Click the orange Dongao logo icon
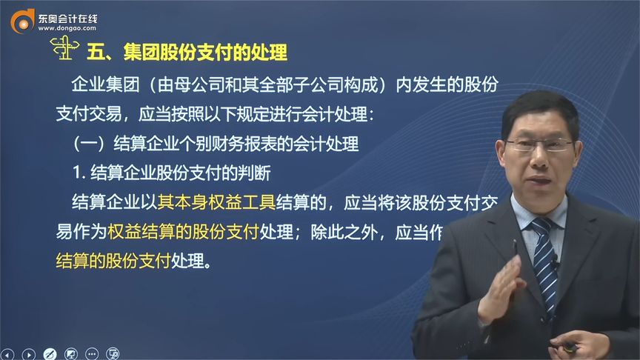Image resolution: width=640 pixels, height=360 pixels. pos(22,20)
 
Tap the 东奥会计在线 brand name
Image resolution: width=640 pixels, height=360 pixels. pos(67,14)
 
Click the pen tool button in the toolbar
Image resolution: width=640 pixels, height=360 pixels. pos(49,353)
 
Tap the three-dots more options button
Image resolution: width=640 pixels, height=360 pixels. pos(92,353)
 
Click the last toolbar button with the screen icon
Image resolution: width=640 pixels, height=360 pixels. pos(113,353)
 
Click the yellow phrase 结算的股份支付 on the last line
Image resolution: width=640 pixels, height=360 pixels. pos(113,261)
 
